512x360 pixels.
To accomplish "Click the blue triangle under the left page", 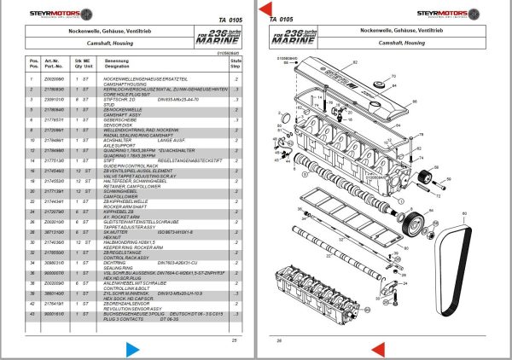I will [x=131, y=350].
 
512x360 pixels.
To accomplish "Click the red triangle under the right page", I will [x=377, y=350].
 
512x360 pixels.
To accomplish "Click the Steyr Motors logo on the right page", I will [x=455, y=13].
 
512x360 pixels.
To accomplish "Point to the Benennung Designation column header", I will [x=117, y=62].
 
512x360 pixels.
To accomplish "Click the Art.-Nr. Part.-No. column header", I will [x=55, y=62].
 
